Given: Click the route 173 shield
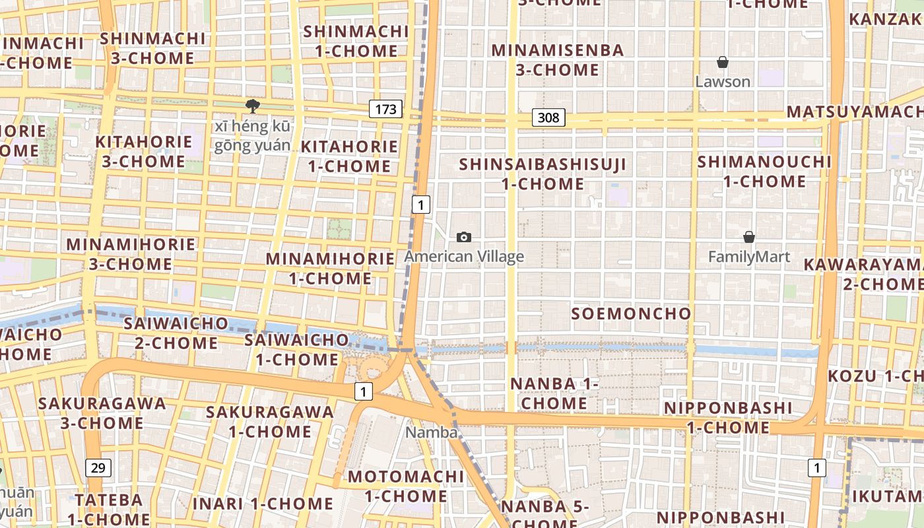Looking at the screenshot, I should point(385,109).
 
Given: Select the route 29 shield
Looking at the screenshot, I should point(98,468).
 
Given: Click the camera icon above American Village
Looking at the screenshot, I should point(464,237).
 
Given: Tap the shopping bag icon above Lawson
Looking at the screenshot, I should point(723,63).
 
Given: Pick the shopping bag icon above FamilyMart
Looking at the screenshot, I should point(749,237).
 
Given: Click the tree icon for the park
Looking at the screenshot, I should point(252,106).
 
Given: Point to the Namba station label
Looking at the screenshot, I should point(432,432).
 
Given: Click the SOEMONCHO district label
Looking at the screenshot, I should point(631,313).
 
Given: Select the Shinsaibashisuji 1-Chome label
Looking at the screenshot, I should point(543,174).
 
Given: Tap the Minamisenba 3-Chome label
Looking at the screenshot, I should point(558,60).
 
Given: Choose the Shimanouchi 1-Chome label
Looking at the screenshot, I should point(764,171).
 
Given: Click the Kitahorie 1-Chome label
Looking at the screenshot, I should point(350,156).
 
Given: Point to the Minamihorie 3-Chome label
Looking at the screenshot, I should point(131,254).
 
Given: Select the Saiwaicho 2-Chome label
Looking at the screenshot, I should point(176,333).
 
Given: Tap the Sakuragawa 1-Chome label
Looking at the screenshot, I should point(270,421).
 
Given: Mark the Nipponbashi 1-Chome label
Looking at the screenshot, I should point(728,417).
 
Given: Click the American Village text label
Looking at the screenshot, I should point(465,256).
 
